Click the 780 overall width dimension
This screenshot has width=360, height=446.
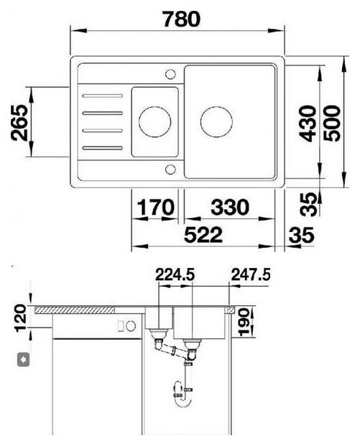coord(182,19)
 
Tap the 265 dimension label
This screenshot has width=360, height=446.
coord(19,122)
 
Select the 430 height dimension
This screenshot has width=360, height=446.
coord(308,124)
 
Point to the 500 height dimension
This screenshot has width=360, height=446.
coord(332,124)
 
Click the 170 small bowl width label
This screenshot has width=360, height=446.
coord(156,207)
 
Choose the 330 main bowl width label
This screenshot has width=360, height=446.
coord(230,207)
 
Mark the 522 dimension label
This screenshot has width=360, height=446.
coord(203,235)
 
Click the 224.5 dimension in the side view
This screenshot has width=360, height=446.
coord(175,275)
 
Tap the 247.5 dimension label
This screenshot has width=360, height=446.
coord(251,275)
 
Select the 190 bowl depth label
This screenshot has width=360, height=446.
coord(244,322)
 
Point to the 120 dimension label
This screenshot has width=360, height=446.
coord(22,318)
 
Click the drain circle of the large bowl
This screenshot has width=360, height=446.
coord(216,122)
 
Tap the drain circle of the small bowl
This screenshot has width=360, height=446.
coord(154,122)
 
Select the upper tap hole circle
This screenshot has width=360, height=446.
coord(170,74)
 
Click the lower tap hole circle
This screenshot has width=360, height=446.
coord(170,169)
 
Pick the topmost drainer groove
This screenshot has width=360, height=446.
coord(103,96)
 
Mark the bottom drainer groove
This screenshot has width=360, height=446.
coord(103,148)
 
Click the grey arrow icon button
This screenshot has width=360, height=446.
coord(24,360)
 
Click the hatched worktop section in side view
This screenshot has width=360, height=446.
coord(75,310)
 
